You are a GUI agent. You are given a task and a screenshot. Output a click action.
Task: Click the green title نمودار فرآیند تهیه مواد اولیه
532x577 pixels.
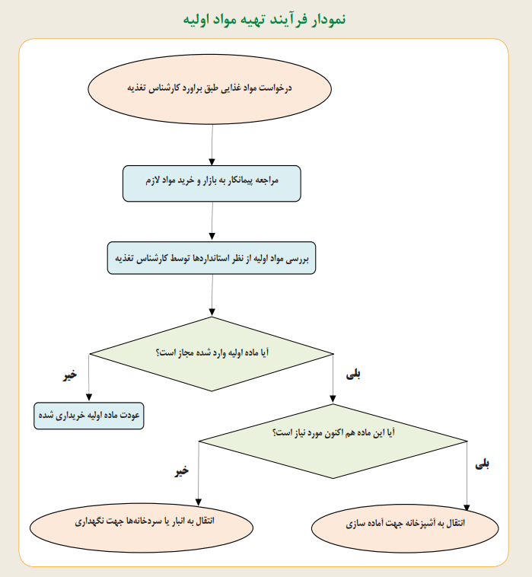[x=265, y=19]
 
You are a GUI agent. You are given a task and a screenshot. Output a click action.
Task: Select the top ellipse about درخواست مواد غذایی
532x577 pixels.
[x=210, y=89]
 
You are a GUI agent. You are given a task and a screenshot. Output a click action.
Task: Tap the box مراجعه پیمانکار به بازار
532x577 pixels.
[x=212, y=183]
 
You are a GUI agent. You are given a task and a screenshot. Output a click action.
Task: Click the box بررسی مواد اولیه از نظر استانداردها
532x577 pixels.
[x=212, y=258]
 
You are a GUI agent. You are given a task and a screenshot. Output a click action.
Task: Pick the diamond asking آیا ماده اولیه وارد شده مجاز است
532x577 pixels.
[x=212, y=354]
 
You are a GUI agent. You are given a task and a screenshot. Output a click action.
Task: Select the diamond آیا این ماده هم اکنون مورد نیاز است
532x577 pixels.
[x=333, y=442]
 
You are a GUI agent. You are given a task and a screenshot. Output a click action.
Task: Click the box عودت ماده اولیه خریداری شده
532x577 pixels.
[x=88, y=416]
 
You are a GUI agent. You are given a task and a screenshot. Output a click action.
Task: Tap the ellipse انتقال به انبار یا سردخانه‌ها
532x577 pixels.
[x=142, y=528]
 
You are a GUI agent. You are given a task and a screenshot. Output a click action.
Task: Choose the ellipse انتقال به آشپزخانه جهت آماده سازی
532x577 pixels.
[x=405, y=528]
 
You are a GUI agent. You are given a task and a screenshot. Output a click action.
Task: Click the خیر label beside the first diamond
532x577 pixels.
[x=70, y=375]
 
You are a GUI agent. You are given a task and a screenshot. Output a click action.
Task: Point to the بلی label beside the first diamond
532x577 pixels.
[x=353, y=375]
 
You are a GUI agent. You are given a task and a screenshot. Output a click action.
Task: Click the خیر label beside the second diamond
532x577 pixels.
[x=181, y=471]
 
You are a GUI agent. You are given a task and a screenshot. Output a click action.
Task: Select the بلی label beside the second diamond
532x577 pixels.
[x=482, y=464]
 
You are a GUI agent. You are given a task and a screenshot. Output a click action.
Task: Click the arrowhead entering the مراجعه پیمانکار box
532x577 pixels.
[x=212, y=162]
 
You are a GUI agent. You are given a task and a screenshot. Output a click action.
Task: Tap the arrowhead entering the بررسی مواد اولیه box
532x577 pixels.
[x=212, y=236]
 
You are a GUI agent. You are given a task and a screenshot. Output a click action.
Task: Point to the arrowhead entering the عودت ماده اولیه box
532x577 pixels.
[x=88, y=398]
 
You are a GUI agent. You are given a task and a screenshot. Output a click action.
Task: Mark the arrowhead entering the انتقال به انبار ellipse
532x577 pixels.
[x=199, y=502]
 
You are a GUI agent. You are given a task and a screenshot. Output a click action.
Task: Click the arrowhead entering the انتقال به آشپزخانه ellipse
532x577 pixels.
[x=467, y=508]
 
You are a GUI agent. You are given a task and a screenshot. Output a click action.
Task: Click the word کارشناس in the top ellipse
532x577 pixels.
[x=158, y=88]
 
